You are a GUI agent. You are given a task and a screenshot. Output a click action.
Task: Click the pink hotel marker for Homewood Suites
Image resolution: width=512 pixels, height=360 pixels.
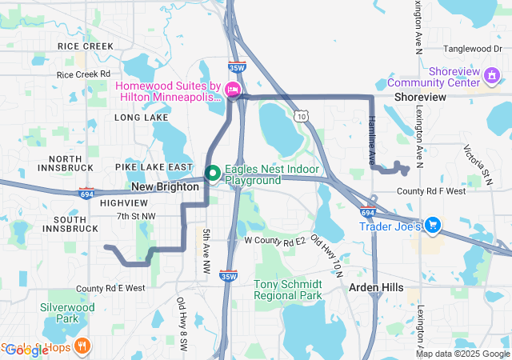click(x=233, y=90)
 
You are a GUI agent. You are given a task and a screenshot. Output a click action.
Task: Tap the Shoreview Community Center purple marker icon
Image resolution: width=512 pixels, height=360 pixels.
click(x=493, y=76)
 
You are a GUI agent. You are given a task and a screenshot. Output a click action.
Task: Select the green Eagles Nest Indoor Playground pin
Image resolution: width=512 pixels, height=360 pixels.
click(x=213, y=172)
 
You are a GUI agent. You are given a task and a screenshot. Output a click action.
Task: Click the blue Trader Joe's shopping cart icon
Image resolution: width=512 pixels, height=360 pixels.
click(x=433, y=226)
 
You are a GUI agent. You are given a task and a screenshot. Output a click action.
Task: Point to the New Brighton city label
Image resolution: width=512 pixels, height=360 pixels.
click(x=165, y=186)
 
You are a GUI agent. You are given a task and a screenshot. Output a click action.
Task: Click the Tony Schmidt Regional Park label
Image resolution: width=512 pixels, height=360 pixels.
click(x=288, y=290)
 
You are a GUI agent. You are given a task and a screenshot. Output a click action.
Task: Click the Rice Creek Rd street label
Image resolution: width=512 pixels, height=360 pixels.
click(x=82, y=74)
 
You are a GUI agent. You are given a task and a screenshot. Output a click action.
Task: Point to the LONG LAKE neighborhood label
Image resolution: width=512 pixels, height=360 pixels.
click(x=141, y=117)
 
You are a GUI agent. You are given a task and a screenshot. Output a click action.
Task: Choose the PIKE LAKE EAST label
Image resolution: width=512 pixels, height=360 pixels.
click(x=154, y=166)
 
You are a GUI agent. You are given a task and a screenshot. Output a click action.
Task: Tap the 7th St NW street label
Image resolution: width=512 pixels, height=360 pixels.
click(x=136, y=216)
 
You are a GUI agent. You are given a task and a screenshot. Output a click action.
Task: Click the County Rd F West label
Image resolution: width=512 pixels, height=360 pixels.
click(x=430, y=191)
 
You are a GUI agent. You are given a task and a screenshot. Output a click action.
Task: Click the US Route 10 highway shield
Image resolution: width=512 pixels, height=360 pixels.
click(x=300, y=116)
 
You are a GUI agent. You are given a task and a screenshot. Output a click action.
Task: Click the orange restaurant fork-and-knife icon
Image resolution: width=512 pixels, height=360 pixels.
click(x=82, y=346)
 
